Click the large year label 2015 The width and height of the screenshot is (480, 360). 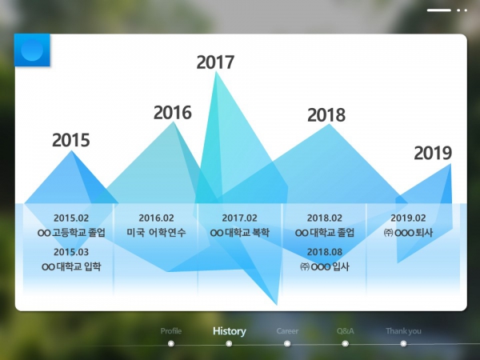coord(71,140)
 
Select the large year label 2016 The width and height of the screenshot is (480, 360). coord(173,112)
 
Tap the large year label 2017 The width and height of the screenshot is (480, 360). coord(215,62)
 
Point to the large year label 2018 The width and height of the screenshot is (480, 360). coord(326,115)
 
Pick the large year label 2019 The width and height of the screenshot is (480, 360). coord(433,153)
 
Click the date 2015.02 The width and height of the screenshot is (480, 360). coord(71,218)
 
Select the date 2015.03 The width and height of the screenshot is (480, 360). coord(71,252)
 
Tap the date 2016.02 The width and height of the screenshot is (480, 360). coord(157,218)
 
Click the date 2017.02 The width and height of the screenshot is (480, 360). coord(240,218)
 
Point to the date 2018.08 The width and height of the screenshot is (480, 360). coord(325,252)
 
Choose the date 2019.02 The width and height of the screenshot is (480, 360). coord(408,218)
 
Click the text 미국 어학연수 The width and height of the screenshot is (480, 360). coord(157,233)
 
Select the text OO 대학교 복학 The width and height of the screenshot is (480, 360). coord(240,233)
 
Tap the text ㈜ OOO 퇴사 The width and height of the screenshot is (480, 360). coord(408,233)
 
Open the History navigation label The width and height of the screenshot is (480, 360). coord(230,331)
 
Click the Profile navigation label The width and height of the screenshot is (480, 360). coord(171,331)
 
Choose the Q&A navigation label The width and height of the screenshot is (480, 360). coord(346,331)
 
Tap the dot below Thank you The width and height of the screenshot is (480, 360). coord(403,344)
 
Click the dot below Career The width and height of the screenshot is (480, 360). coord(287,344)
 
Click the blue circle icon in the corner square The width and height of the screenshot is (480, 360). coord(32,50)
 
